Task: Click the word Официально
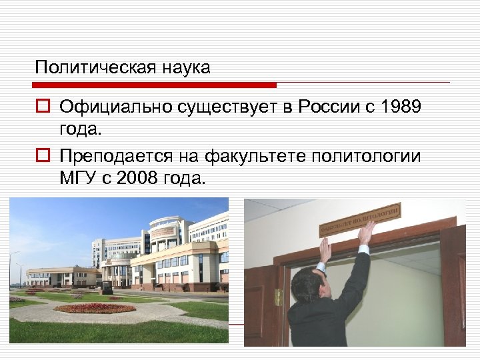click(114, 106)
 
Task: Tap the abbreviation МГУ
click(77, 179)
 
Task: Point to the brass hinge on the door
click(278, 297)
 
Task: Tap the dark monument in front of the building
click(106, 287)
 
